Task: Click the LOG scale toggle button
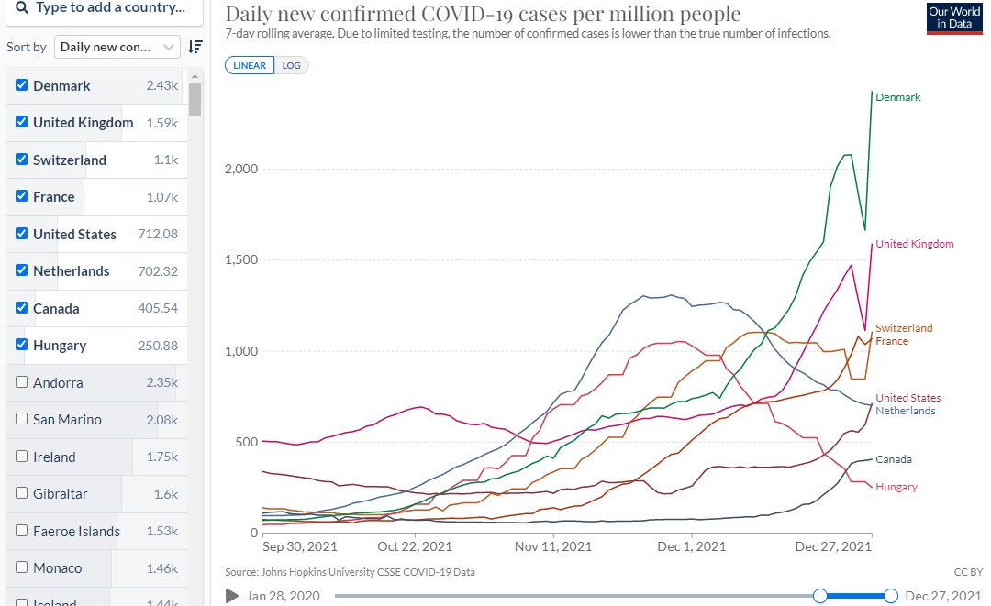coord(291,66)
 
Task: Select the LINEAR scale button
coord(250,66)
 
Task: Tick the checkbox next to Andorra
coord(22,382)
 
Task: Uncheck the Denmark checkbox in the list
coord(22,85)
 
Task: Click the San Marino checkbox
coord(22,419)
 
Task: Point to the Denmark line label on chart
coord(897,97)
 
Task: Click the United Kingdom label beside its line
coord(914,244)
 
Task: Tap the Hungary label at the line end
coord(896,487)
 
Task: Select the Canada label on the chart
coord(893,459)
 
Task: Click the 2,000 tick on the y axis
coord(241,169)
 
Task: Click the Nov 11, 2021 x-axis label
coord(553,546)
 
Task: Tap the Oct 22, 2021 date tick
coord(415,546)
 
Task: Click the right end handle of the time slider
coord(891,596)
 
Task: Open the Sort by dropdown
coord(117,47)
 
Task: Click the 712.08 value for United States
coord(158,234)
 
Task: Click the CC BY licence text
coord(968,572)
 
